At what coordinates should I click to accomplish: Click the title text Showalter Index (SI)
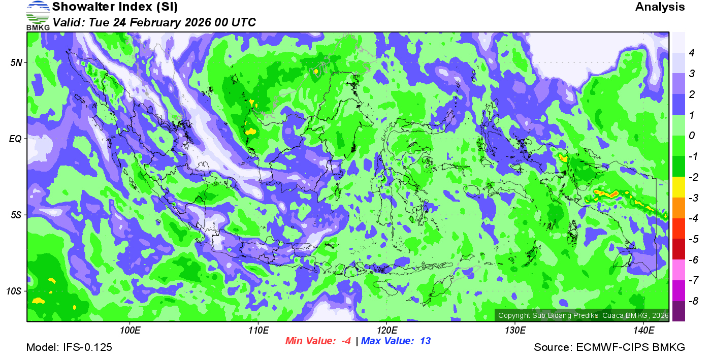[115, 7]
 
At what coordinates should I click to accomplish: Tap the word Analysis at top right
[660, 7]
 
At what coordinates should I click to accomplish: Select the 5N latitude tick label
[16, 62]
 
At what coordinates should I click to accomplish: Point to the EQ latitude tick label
[15, 139]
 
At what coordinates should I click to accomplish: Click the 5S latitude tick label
[16, 215]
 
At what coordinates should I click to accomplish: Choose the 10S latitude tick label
[14, 291]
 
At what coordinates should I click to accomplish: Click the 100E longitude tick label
[130, 331]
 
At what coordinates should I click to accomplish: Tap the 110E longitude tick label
[258, 331]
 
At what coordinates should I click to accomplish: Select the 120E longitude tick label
[386, 331]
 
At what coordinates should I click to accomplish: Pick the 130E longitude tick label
[515, 331]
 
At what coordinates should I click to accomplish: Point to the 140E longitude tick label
[643, 331]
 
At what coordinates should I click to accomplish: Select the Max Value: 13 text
[396, 341]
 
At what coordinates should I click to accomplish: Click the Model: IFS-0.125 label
[69, 347]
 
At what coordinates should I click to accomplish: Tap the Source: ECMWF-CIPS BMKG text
[609, 347]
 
